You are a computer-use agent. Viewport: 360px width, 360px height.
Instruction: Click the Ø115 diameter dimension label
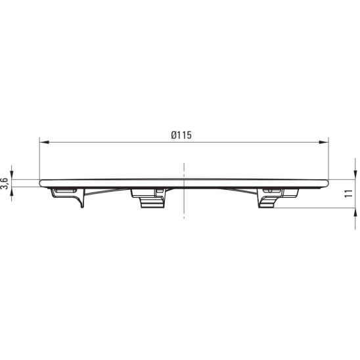(181, 135)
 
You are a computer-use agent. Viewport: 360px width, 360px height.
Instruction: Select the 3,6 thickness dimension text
(5, 183)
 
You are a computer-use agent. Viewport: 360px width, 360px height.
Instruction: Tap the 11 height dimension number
(349, 193)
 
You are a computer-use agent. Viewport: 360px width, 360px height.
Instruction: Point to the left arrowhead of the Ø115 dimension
(44, 143)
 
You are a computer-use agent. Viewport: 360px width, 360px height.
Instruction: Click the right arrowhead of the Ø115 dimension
(324, 143)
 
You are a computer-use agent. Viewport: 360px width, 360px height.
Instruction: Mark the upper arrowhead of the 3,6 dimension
(12, 175)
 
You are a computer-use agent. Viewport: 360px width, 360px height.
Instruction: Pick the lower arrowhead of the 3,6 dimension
(12, 191)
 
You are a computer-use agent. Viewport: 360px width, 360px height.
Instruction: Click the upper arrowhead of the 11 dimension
(355, 175)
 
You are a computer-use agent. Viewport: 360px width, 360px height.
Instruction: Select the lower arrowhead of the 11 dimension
(355, 213)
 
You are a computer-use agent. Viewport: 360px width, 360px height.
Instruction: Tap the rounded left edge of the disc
(41, 183)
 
